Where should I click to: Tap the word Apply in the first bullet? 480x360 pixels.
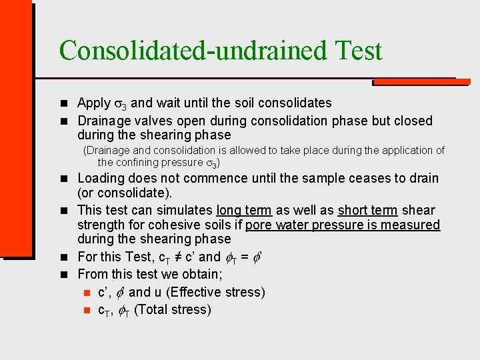coord(94,103)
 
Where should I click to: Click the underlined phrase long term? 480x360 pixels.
coord(244,210)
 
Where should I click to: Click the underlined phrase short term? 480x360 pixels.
coord(368,210)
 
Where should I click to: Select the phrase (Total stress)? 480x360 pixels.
coord(173,309)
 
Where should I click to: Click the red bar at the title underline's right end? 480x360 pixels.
coord(420,83)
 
